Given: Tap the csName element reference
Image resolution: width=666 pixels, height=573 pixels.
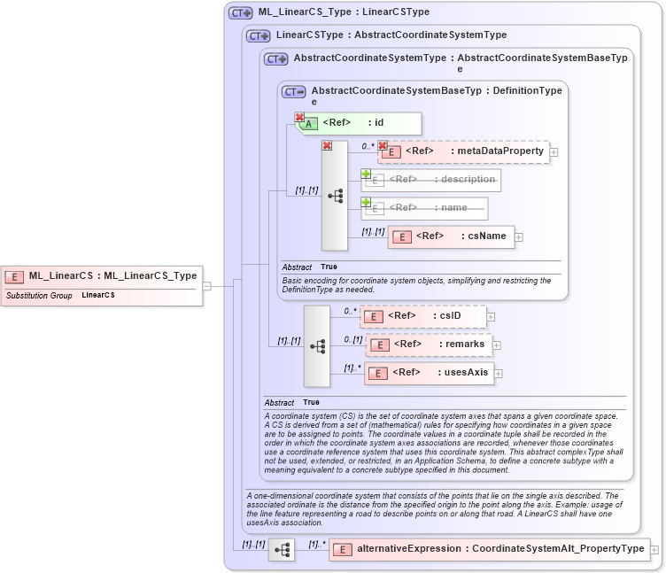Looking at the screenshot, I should [451, 236].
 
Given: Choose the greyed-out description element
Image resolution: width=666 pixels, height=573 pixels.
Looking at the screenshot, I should [430, 180].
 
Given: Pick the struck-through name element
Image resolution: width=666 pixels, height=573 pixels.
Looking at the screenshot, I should [424, 208].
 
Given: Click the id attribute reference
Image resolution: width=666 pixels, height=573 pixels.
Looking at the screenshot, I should [358, 123].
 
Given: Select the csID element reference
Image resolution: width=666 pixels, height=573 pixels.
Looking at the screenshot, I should [422, 316].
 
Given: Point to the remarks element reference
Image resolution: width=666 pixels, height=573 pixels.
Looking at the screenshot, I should [429, 345].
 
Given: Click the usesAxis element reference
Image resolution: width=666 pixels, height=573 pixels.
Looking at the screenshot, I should [429, 373].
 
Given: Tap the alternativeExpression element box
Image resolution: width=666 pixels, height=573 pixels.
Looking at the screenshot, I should [489, 549].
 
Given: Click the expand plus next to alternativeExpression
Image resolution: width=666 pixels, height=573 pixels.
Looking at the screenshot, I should [654, 550].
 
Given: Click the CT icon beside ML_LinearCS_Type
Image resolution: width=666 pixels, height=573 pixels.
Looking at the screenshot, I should [240, 13].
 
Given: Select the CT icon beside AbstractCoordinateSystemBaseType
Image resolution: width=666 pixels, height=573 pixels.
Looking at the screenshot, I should [293, 91].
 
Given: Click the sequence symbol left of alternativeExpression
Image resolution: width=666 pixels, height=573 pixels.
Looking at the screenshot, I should [282, 550].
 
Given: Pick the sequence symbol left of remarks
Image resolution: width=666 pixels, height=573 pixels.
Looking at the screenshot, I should [317, 345].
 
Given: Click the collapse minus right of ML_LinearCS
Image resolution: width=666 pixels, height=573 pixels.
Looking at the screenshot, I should [206, 286].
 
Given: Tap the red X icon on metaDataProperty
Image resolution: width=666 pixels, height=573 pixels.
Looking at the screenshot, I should [383, 145].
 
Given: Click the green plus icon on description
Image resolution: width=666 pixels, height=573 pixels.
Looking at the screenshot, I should [365, 174].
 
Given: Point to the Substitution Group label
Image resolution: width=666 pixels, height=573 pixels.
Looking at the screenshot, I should [39, 295].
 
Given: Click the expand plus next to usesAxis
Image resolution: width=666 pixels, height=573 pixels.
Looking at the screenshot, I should [499, 374].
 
